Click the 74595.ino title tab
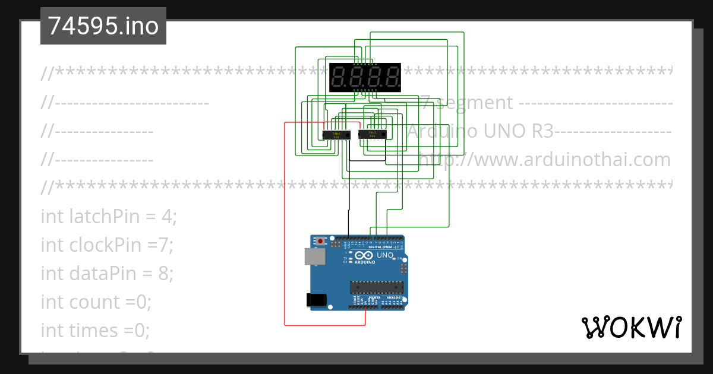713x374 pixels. click(103, 26)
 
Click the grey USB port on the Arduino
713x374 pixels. click(314, 256)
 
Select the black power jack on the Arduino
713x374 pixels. click(316, 300)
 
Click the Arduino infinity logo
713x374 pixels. click(365, 256)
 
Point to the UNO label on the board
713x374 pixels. click(385, 255)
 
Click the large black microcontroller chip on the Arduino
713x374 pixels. click(377, 287)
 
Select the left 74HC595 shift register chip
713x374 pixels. click(336, 135)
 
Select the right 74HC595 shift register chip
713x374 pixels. click(373, 135)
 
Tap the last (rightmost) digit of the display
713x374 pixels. click(392, 77)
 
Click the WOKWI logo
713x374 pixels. click(631, 327)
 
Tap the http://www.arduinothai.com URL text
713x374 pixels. click(544, 160)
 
